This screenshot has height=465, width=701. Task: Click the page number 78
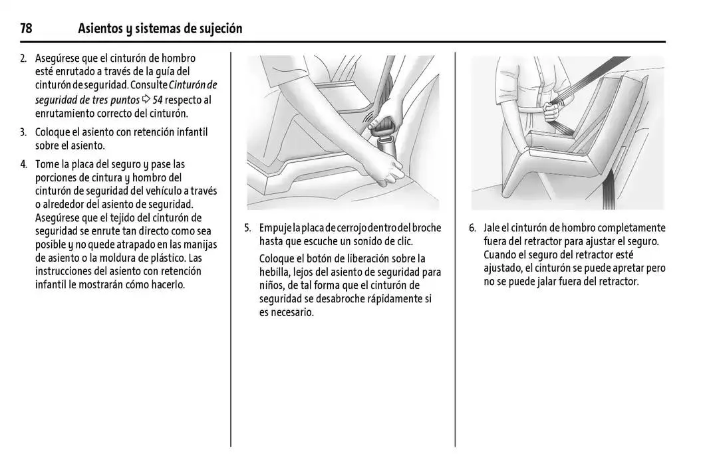click(27, 29)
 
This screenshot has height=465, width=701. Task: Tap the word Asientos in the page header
click(100, 29)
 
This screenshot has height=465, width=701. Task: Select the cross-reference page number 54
click(158, 100)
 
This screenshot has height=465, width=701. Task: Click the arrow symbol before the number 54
click(146, 100)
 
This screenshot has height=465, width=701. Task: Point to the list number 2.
click(23, 58)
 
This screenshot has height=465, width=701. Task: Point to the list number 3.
click(23, 132)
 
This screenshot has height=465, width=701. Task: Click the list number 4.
click(23, 164)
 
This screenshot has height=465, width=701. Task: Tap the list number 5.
click(247, 228)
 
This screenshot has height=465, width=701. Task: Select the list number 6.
click(472, 228)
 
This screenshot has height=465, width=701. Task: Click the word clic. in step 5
click(402, 241)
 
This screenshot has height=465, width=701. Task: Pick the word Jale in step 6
click(492, 228)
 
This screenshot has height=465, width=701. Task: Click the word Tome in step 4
click(47, 164)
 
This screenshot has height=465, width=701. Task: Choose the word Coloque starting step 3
click(53, 132)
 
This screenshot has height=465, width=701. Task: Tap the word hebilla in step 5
click(274, 272)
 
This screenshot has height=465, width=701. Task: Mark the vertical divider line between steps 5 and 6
click(456, 266)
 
